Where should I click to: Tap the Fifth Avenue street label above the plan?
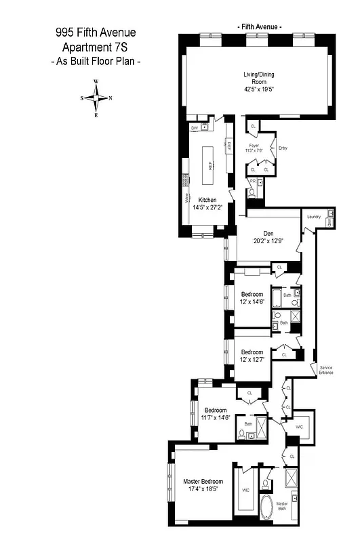(x=260, y=26)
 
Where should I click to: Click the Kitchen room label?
(x=207, y=200)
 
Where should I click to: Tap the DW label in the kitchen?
(x=194, y=127)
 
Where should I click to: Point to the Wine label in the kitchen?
(x=187, y=198)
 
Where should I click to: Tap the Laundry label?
(x=313, y=217)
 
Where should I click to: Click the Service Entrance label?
(x=326, y=370)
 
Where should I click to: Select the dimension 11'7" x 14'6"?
(x=216, y=418)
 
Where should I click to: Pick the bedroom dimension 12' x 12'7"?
(x=252, y=360)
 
